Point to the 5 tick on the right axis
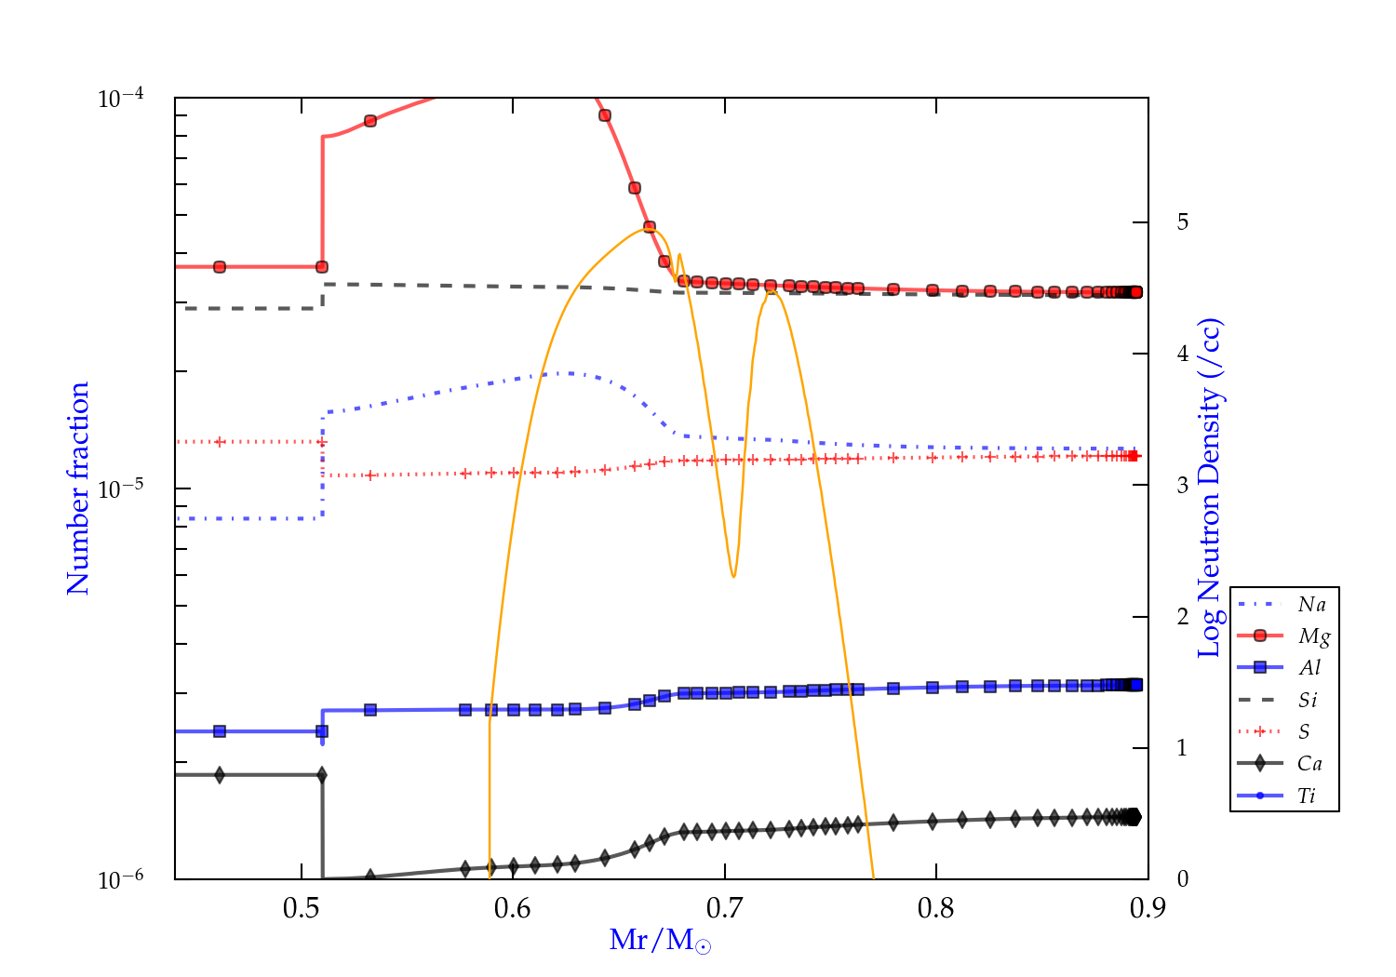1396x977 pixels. (x=1182, y=222)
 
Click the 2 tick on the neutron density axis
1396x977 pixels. (x=1182, y=617)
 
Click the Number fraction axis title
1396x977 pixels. (x=78, y=488)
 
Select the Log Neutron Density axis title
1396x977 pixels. (x=1209, y=488)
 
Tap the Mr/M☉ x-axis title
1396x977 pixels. (x=661, y=941)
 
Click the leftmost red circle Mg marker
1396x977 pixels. (x=220, y=267)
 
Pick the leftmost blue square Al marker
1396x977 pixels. (x=220, y=731)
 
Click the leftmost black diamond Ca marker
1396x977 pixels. (x=220, y=775)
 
